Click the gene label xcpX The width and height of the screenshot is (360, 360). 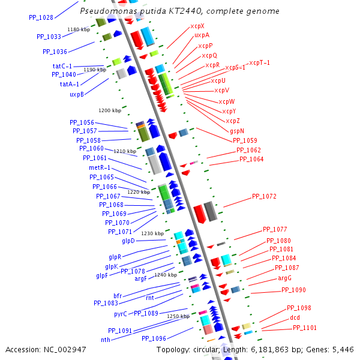197,26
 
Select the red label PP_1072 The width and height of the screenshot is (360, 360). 264,196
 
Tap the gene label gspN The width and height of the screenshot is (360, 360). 236,131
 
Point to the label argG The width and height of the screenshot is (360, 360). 284,278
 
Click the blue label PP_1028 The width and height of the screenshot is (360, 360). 41,17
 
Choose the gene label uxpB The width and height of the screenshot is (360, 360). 76,94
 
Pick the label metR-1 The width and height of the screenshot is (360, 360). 99,168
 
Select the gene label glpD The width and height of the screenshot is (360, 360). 128,241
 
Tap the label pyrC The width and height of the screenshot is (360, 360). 121,314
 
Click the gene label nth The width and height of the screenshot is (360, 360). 106,340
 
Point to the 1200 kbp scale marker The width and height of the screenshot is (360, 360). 110,110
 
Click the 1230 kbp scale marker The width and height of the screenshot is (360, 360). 152,233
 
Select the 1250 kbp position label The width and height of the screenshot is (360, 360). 178,316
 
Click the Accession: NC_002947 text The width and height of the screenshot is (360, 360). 46,349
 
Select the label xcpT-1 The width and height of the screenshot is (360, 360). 259,63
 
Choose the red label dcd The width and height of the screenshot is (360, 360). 295,317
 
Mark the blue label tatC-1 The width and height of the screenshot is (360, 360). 62,66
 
